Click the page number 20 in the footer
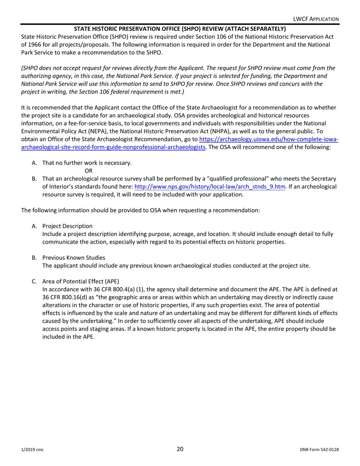click(x=180, y=449)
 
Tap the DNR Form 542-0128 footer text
click(x=319, y=450)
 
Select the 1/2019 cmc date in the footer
click(x=32, y=450)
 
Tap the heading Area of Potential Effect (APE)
click(x=80, y=281)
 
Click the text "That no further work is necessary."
click(x=87, y=163)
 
